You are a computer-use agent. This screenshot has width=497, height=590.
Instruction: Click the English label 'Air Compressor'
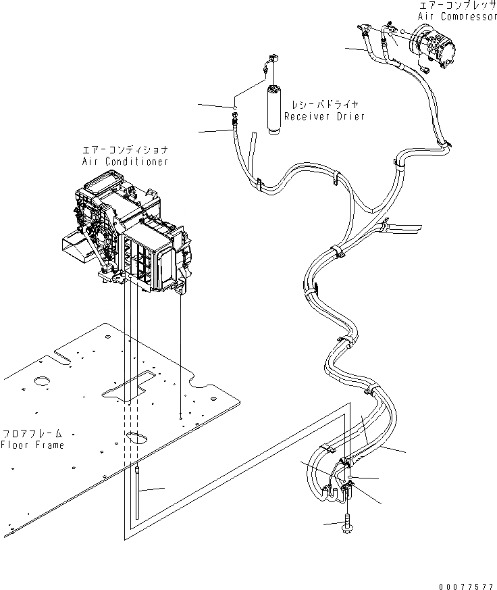pos(457,16)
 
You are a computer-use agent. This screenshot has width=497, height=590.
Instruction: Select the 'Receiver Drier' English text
pos(324,116)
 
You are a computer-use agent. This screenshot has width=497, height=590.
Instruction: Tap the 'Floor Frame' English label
pos(32,445)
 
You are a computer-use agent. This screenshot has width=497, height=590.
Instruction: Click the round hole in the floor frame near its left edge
pos(43,382)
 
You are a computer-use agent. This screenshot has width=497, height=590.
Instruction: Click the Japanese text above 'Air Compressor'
pos(457,5)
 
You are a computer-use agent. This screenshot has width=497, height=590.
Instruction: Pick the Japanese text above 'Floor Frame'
pos(32,434)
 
